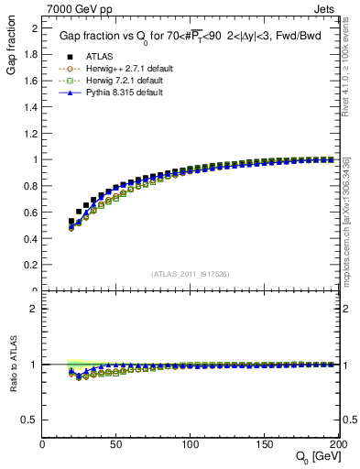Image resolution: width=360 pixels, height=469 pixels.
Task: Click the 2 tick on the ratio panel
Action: [x=35, y=309]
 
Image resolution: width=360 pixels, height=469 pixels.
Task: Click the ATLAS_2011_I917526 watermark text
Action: [x=191, y=273]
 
